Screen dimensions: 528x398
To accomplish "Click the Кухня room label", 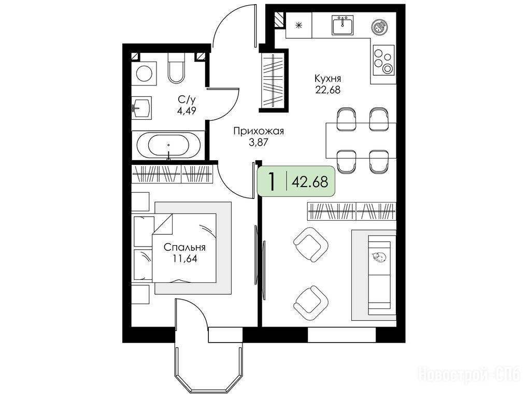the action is click(327, 79).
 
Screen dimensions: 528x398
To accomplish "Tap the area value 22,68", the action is click(327, 90).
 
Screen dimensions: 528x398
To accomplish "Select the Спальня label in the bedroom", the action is click(184, 248).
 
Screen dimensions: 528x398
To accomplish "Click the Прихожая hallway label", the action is click(259, 131).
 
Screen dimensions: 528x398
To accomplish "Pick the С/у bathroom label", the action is click(187, 99).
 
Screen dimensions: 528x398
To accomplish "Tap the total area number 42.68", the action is click(310, 182).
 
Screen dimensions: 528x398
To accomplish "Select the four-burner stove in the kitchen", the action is click(383, 60).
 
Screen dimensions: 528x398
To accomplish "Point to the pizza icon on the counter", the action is click(380, 26).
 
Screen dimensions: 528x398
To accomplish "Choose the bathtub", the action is click(168, 146).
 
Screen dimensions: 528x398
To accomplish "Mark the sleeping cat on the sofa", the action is click(379, 257).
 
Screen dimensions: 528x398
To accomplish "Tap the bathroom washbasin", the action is click(141, 107).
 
